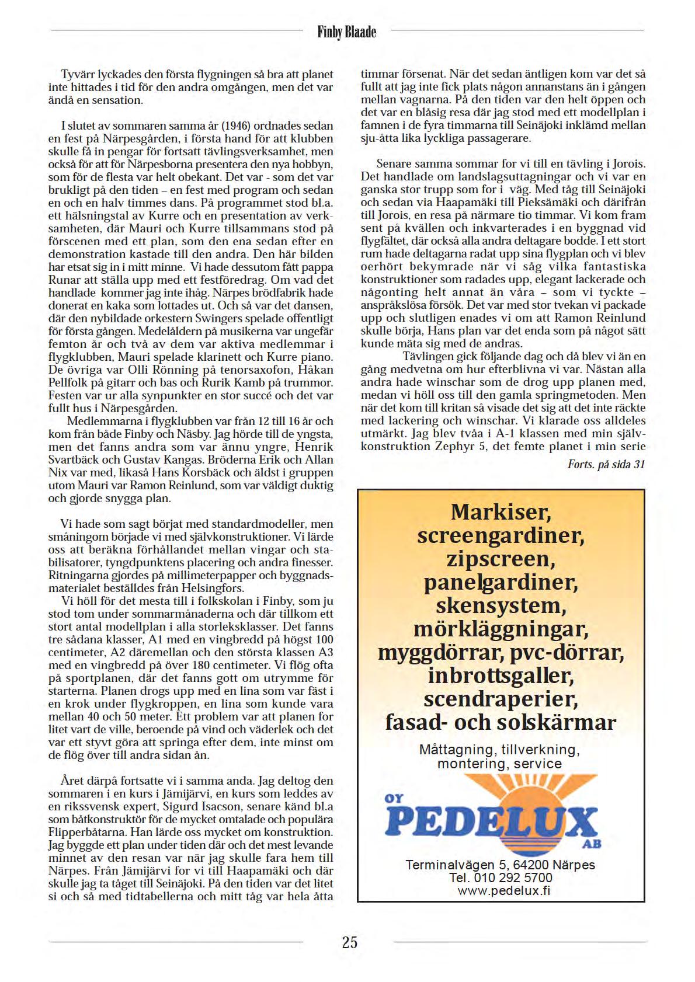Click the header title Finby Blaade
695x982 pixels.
point(347,32)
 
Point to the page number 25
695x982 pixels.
point(349,942)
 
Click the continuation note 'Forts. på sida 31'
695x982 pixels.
point(606,464)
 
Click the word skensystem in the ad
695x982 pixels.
point(501,605)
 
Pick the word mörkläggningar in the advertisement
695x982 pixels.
point(501,629)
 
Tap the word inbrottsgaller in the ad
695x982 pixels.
point(501,675)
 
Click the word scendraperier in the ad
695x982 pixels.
point(501,699)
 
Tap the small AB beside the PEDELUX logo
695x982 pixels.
point(592,844)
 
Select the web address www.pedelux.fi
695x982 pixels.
point(503,890)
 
